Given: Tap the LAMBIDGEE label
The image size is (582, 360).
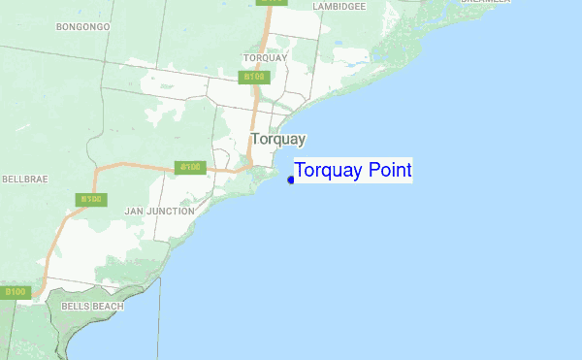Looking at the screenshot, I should coord(339,6).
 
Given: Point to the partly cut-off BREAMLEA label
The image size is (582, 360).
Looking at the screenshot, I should coord(485,2).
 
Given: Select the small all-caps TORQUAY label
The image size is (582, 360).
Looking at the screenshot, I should coord(266,57).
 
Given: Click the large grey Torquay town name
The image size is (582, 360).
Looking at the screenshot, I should coord(277,139).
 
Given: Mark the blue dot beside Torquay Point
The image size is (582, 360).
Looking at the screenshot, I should coord(291,180).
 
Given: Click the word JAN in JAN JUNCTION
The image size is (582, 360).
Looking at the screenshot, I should coord(135,211).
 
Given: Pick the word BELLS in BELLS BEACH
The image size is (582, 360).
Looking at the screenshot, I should coord(75,306).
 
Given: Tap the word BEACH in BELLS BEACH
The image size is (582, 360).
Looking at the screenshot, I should coord(108,306).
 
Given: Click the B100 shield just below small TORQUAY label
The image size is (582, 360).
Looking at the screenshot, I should coord(254,76).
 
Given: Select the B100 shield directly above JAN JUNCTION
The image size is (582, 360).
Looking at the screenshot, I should coord(189,167).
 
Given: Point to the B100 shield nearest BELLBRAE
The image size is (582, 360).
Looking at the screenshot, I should coord(91,200).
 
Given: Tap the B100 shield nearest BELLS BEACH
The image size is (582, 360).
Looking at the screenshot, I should coord(16,292).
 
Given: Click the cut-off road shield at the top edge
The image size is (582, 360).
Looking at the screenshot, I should coord(273,2).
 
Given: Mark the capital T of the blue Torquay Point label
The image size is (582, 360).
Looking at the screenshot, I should coord(301,171).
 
